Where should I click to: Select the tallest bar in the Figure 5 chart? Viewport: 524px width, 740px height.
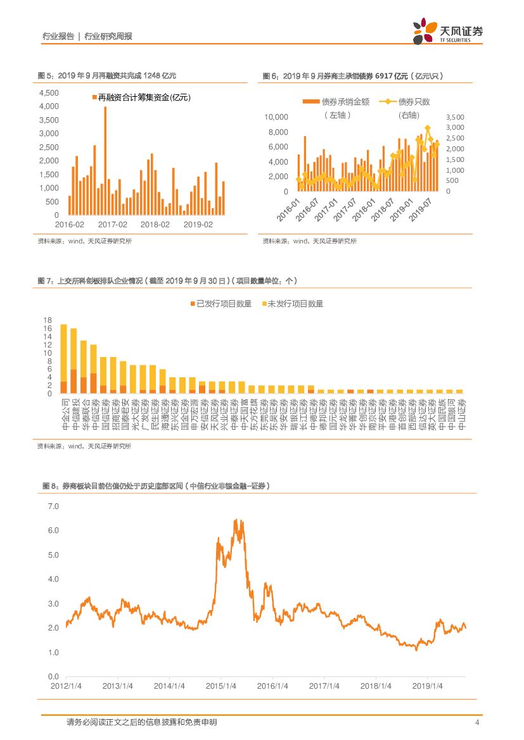point(105,161)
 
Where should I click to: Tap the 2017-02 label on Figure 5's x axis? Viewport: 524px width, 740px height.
point(113,225)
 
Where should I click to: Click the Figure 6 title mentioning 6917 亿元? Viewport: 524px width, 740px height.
point(353,76)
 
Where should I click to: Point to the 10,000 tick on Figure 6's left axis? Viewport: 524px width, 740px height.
point(276,117)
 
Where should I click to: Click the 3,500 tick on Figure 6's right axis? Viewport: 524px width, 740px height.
point(455,117)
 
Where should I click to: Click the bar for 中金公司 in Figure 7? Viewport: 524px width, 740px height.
point(63,359)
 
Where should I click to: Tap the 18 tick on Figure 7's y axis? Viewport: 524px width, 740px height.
point(47,320)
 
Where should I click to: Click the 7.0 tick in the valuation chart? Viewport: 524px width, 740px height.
point(53,507)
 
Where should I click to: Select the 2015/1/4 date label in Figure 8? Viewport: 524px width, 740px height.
point(221,686)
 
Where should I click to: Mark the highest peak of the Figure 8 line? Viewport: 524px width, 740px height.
point(236,520)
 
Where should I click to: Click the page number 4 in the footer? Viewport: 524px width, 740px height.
point(476,722)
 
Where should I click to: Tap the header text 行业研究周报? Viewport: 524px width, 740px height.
point(108,37)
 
